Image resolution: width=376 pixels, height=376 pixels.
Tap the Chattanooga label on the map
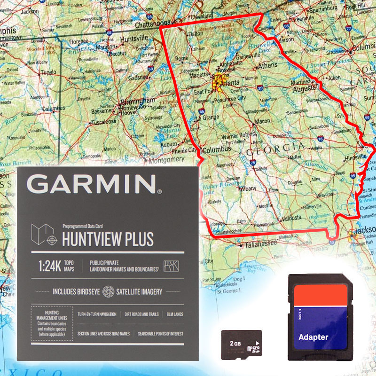tap(153, 23)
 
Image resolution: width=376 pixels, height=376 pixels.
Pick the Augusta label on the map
tap(305, 88)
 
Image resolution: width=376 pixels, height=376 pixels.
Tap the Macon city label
tap(262, 121)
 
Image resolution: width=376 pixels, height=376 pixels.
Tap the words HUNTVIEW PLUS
tap(108, 239)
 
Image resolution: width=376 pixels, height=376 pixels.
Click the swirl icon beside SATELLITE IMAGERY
tap(108, 291)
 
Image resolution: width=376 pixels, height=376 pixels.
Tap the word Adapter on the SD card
tap(313, 337)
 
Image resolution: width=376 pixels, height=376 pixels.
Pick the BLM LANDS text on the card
tap(175, 314)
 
